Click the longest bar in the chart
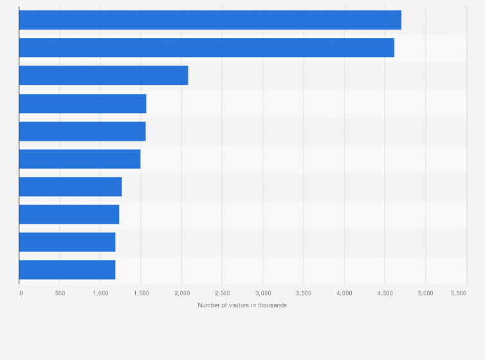click(210, 20)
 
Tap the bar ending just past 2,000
click(104, 75)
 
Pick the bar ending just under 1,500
click(80, 159)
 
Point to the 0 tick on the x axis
click(21, 293)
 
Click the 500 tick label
click(59, 293)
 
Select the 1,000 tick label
click(100, 293)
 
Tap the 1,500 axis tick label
click(141, 293)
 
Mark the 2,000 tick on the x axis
click(181, 293)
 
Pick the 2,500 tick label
click(222, 293)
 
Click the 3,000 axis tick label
click(262, 293)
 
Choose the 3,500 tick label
click(303, 293)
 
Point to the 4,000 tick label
click(344, 293)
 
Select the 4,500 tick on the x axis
click(385, 293)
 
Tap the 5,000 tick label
click(425, 293)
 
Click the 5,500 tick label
click(459, 293)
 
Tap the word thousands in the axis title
click(273, 305)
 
